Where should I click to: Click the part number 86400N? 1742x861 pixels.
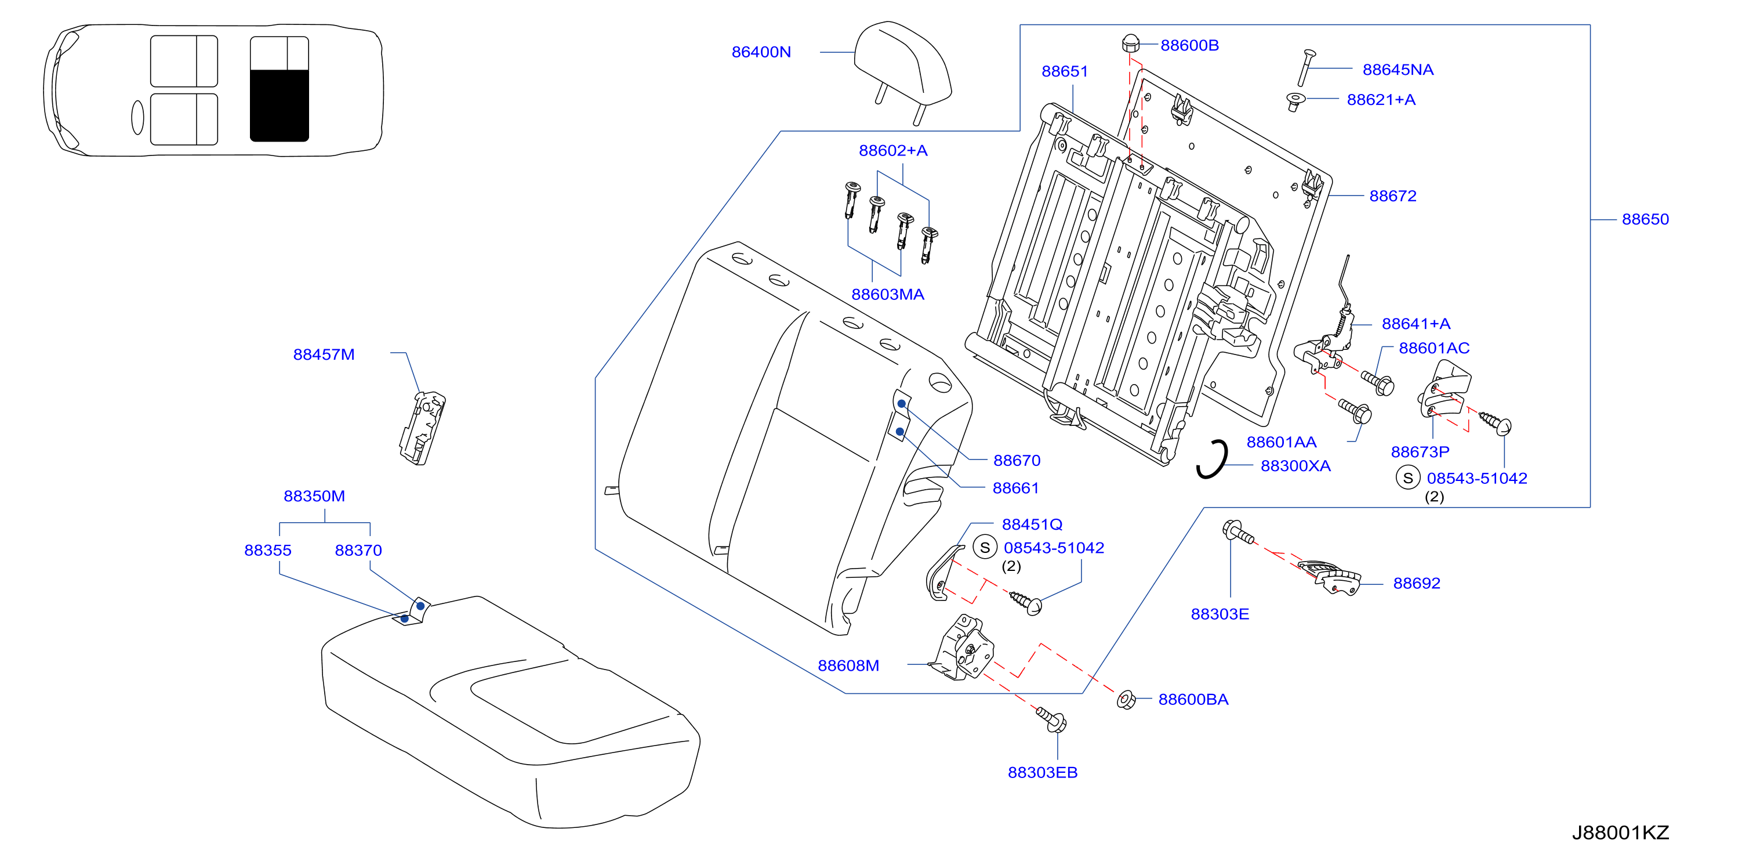tap(761, 52)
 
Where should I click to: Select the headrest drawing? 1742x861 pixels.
tap(902, 71)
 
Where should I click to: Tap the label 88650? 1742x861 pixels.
tap(1645, 219)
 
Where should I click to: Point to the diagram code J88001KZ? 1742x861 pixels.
tap(1620, 832)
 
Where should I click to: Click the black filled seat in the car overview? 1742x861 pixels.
tap(280, 105)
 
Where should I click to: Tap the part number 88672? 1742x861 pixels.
tap(1392, 196)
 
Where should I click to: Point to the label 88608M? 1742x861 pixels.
tap(848, 665)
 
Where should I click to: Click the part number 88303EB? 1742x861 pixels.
tap(1042, 772)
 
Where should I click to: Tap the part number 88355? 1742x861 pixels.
tap(267, 551)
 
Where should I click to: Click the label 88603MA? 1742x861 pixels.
tap(887, 294)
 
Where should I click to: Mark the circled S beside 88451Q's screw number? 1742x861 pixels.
tap(985, 547)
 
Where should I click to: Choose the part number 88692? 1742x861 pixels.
tap(1416, 583)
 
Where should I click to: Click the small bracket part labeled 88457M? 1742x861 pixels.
tap(423, 428)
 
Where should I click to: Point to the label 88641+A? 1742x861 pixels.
tap(1416, 324)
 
